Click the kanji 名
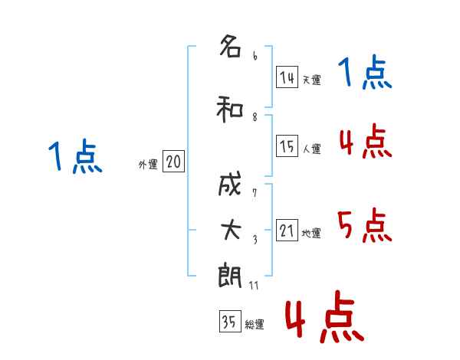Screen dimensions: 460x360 click(x=231, y=45)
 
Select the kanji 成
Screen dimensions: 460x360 click(x=230, y=184)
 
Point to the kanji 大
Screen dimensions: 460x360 click(x=231, y=230)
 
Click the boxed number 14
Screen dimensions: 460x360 click(x=287, y=77)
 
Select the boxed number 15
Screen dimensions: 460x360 click(x=287, y=146)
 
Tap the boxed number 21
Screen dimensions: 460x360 click(x=287, y=230)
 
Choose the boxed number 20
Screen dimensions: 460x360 click(x=174, y=162)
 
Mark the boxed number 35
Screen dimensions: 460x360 click(x=230, y=321)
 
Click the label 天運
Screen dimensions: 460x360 click(x=312, y=80)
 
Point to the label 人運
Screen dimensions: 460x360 click(x=312, y=149)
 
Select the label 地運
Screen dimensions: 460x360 click(x=311, y=233)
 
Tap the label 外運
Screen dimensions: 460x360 click(x=148, y=165)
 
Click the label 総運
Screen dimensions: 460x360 click(x=255, y=324)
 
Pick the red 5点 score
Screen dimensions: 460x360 click(x=364, y=225)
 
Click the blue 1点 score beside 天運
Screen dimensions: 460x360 click(x=365, y=72)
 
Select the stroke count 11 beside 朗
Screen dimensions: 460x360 click(x=254, y=285)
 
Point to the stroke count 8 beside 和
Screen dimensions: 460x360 click(x=255, y=117)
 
